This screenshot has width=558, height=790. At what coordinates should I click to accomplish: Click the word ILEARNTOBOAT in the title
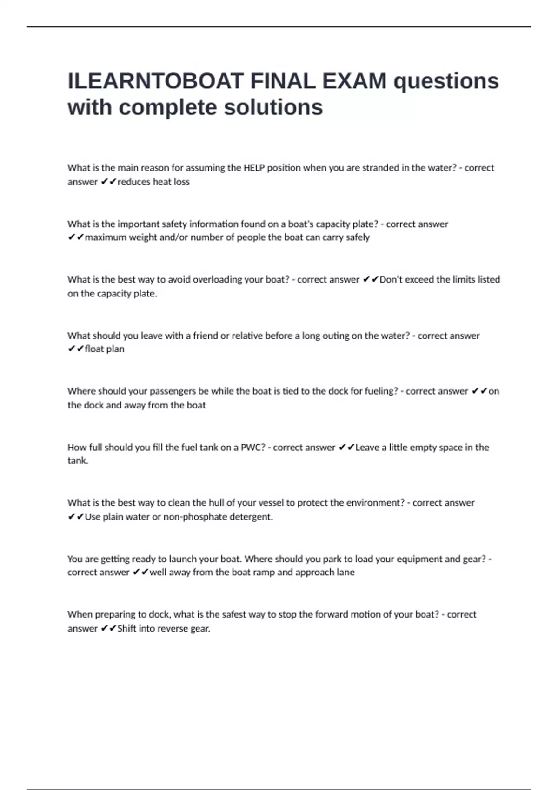(x=155, y=81)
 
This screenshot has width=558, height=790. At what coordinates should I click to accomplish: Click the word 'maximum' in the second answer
(x=106, y=237)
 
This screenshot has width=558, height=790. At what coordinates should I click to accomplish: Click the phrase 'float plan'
(x=105, y=349)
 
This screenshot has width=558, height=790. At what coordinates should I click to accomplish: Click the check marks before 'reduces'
(x=108, y=182)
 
